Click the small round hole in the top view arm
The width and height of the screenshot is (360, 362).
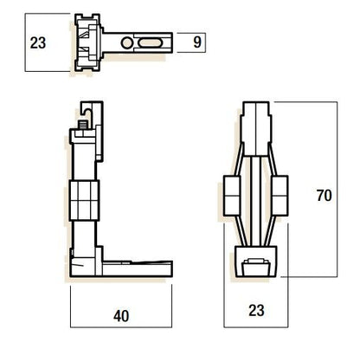coord(128,41)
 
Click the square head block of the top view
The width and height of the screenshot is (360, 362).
coord(92,41)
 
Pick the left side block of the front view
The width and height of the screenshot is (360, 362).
coord(231,195)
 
